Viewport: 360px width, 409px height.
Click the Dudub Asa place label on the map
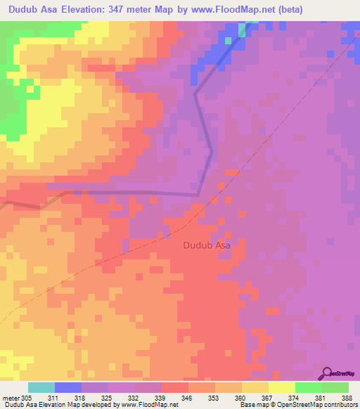coord(207,245)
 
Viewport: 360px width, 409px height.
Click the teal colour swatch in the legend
coord(41,387)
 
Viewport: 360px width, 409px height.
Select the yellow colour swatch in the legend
coord(281,387)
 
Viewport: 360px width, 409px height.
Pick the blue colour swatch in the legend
coord(68,387)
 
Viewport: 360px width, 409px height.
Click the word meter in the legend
coord(11,396)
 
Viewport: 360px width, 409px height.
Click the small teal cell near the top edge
coord(243,29)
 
